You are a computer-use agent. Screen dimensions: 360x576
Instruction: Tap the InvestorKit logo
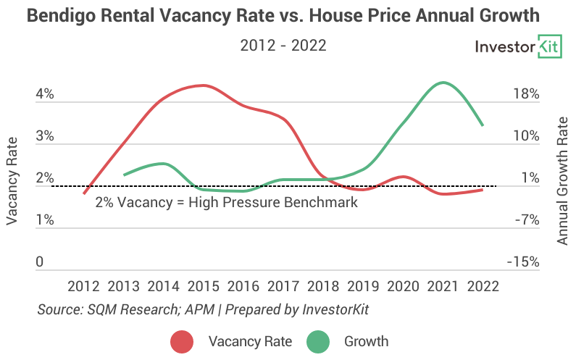pos(517,47)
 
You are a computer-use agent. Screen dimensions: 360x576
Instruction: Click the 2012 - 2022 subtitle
pos(283,46)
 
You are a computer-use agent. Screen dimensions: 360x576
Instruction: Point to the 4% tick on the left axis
pos(45,94)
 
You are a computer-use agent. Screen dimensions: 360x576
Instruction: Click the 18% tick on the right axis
pos(525,94)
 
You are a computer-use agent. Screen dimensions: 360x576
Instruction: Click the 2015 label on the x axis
pos(204,285)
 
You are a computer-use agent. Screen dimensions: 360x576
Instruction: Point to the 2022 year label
pos(483,285)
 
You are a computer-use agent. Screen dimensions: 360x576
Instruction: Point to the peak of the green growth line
pos(442,83)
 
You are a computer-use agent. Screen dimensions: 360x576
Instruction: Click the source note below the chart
pos(203,309)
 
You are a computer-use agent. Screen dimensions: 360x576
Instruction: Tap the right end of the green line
pos(483,125)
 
